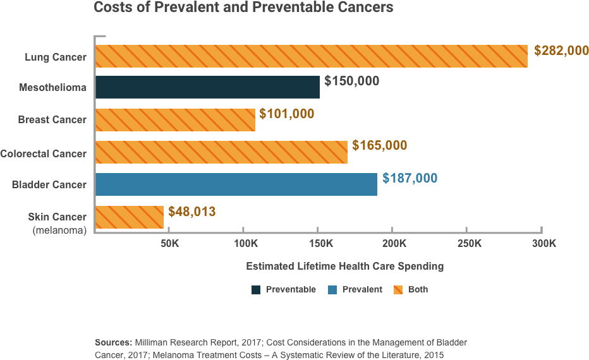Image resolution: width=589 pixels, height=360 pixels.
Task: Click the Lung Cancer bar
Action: click(x=312, y=56)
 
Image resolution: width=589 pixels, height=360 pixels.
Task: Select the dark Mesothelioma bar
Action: click(x=208, y=87)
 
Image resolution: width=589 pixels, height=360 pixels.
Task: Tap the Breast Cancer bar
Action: click(x=176, y=119)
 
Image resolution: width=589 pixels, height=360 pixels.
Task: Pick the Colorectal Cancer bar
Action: click(x=221, y=152)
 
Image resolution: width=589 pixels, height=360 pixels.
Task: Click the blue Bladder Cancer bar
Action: click(x=236, y=184)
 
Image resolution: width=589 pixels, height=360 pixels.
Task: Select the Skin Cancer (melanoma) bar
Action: click(x=130, y=217)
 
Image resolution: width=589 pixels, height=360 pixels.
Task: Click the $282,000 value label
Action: click(x=561, y=51)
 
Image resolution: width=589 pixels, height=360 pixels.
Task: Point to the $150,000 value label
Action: click(x=351, y=81)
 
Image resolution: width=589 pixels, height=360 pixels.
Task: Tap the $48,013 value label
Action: click(x=191, y=211)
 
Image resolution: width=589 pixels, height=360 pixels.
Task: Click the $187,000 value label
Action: click(x=410, y=179)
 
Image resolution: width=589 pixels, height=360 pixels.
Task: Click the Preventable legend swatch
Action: click(x=256, y=290)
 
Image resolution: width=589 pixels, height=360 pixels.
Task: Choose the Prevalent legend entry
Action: click(x=362, y=290)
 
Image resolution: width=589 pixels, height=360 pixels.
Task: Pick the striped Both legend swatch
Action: click(x=399, y=290)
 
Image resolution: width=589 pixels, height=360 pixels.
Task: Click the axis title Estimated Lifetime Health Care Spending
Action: click(x=344, y=267)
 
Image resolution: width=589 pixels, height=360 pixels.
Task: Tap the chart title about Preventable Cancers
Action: click(x=243, y=8)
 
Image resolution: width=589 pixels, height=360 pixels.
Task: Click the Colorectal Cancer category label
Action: click(x=44, y=153)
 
